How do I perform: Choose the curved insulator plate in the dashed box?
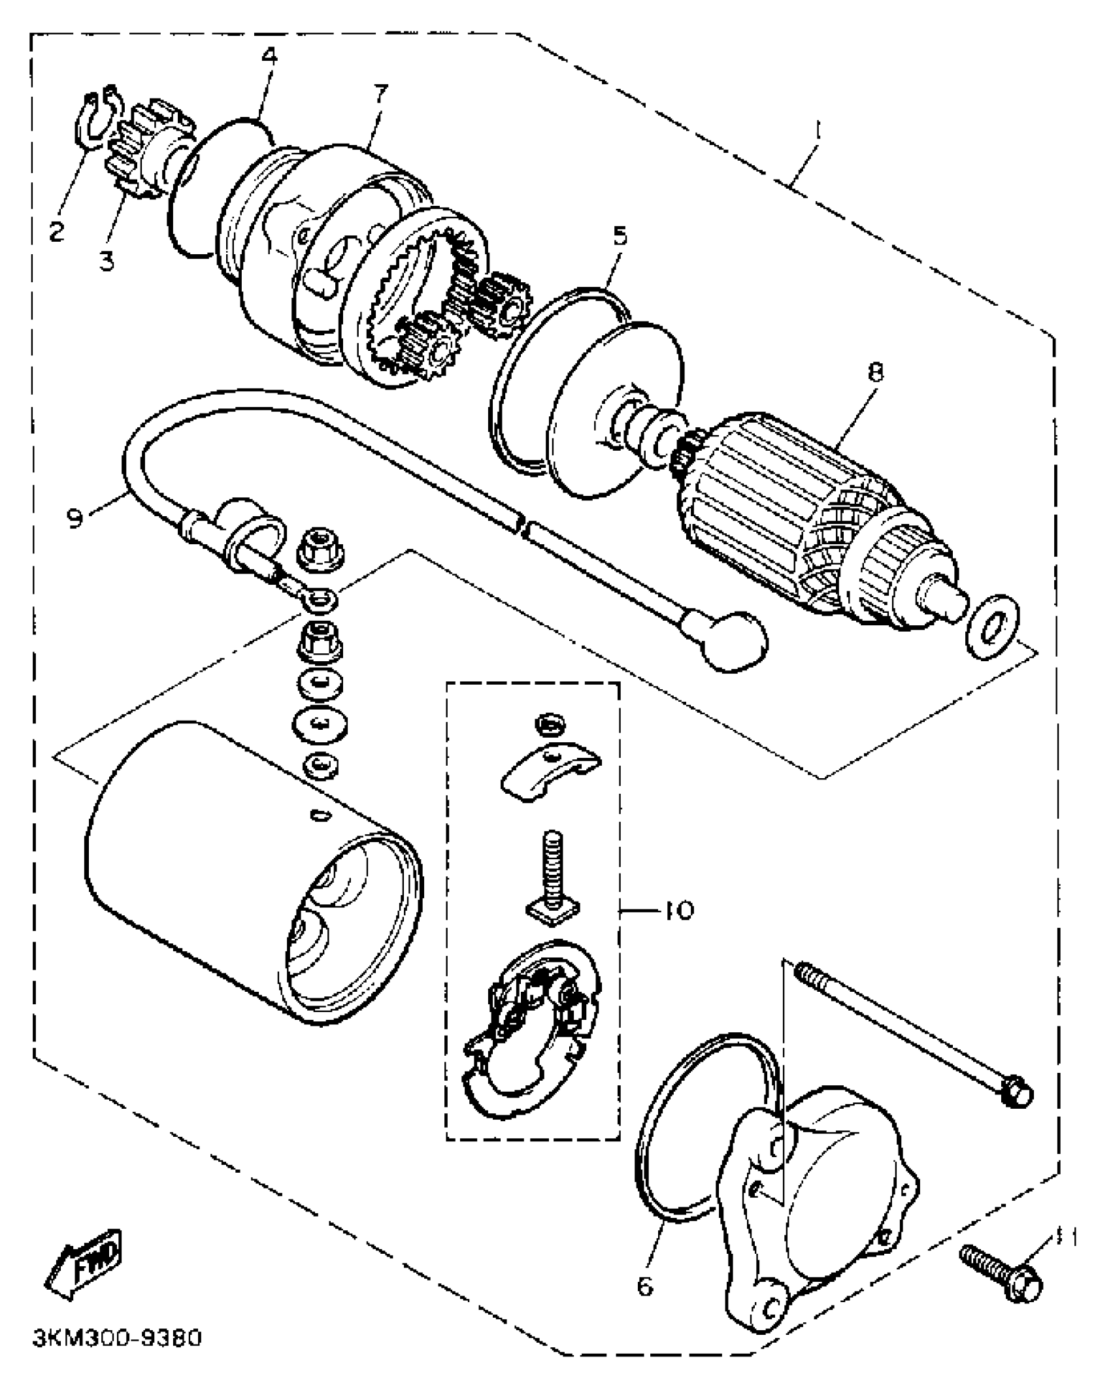coord(550,771)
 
